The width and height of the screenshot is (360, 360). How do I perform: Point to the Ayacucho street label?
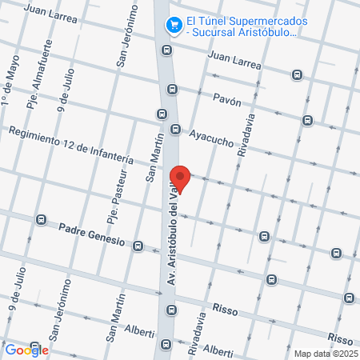211,137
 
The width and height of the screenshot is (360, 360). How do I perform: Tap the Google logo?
26,349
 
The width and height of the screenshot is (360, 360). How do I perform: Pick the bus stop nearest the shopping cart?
166,50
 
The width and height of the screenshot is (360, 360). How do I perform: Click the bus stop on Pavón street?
307,120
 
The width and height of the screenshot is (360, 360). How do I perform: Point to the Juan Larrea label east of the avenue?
234,61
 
